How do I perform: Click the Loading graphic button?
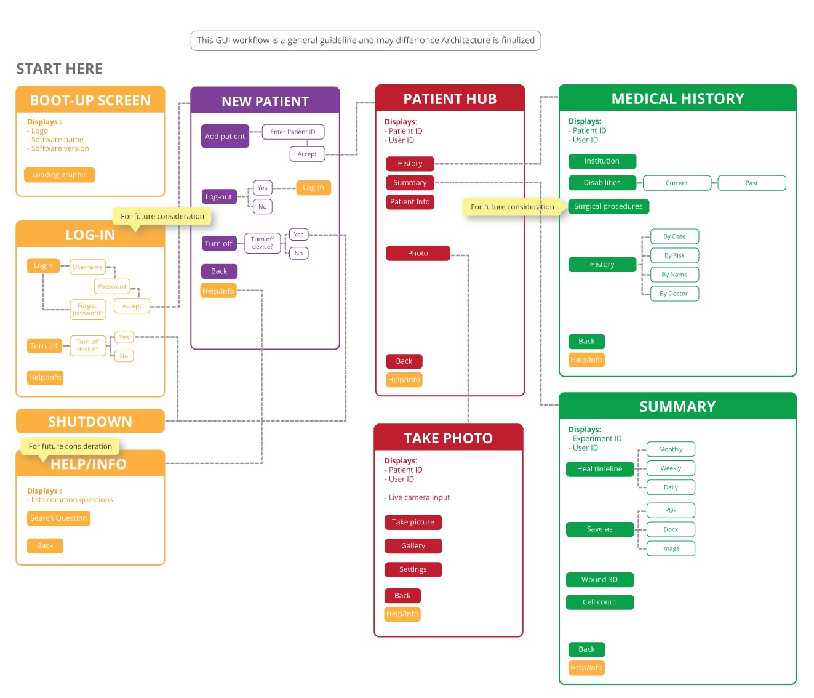pos(59,175)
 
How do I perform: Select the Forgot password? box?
pos(87,309)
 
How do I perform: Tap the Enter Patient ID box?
pos(293,132)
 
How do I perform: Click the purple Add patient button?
pos(225,136)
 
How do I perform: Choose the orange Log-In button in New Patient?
pos(313,187)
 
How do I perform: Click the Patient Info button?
pos(410,202)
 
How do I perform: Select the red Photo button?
pos(418,253)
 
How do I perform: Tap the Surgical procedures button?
pos(608,206)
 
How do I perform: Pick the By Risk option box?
pos(674,255)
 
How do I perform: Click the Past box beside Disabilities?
pos(751,183)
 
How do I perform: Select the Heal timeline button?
pos(599,468)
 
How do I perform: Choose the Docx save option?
pos(671,529)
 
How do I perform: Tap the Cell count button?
pos(599,602)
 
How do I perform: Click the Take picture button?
pos(413,522)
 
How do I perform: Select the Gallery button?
pos(413,546)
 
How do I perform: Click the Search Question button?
pos(58,518)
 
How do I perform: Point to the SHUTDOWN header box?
pos(90,422)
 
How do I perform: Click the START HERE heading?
pos(60,69)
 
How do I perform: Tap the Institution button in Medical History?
pos(602,161)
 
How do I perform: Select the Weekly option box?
pos(671,468)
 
